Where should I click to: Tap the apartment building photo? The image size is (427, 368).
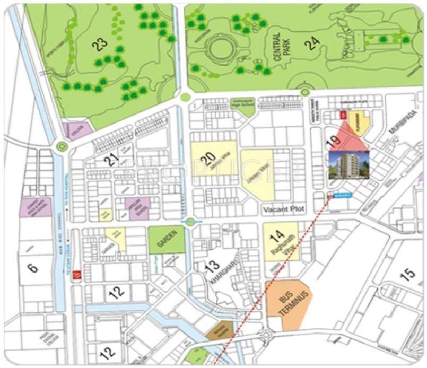coord(349,165)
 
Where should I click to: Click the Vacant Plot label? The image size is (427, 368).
coord(283,210)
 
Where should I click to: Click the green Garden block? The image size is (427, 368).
coord(167,240)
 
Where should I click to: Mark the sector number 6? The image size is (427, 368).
coord(33,268)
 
